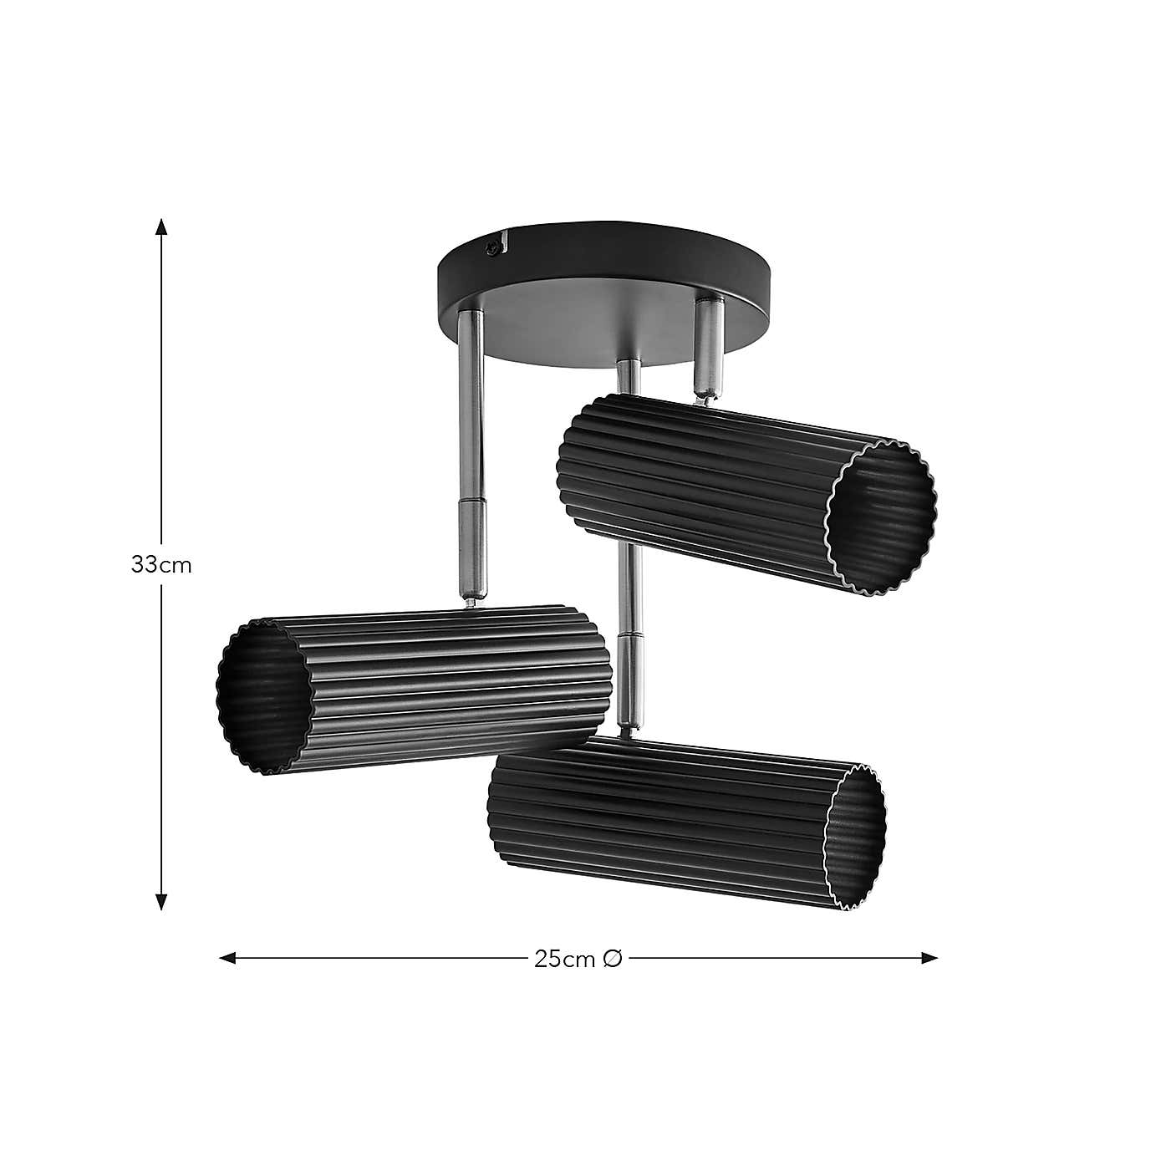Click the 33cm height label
click(x=161, y=565)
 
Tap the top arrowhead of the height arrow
click(x=161, y=227)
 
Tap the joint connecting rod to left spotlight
click(x=471, y=595)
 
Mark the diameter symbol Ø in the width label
click(x=612, y=959)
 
